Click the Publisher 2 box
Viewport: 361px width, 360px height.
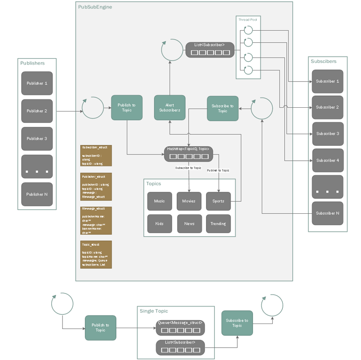pos(37,111)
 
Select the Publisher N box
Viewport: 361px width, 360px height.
pos(37,194)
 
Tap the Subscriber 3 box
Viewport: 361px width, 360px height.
pos(327,134)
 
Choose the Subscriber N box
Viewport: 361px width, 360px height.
pos(327,213)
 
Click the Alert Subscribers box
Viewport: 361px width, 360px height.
pos(170,108)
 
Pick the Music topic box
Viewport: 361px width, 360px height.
pos(159,201)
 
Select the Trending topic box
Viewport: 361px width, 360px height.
pos(218,224)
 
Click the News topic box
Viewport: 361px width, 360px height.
pos(189,224)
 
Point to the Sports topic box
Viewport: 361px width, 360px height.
pos(218,201)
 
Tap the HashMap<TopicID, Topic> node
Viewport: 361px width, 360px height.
pos(188,154)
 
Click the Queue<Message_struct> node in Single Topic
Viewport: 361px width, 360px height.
pos(180,327)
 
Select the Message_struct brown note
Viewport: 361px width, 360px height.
pos(96,221)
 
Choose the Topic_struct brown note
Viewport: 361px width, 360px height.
pos(96,254)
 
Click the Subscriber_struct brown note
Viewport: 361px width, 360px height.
pos(96,155)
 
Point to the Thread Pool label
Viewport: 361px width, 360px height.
pos(248,19)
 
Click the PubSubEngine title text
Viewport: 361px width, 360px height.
pos(95,7)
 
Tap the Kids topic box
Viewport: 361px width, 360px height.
pos(159,224)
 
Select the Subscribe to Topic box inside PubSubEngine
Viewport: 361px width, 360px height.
pos(222,108)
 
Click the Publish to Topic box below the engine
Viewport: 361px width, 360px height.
pos(100,328)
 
